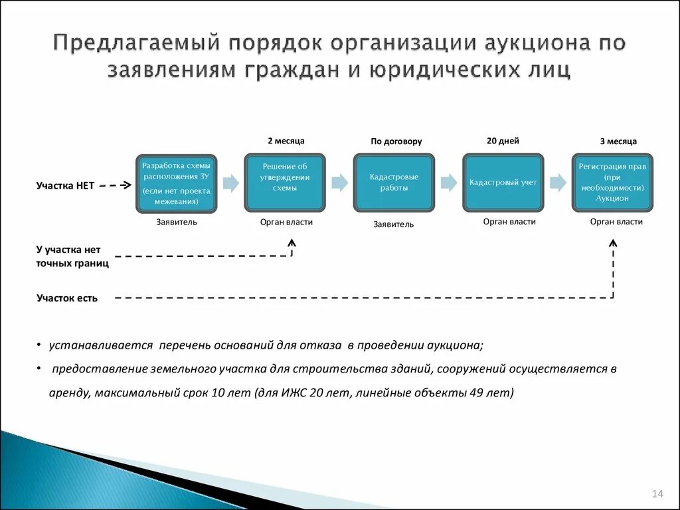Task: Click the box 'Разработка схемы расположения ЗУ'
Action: (x=176, y=183)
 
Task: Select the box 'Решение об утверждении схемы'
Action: (x=285, y=183)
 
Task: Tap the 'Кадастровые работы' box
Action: (x=394, y=183)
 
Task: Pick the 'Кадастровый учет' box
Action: (x=503, y=183)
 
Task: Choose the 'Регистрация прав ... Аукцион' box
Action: (x=612, y=183)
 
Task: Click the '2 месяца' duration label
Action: (x=286, y=141)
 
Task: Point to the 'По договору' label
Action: (x=396, y=141)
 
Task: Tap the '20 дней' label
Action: (x=503, y=141)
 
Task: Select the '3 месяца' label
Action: (x=618, y=141)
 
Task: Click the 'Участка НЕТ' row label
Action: (x=65, y=186)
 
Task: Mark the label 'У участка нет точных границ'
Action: (x=72, y=256)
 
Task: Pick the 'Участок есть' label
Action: (x=67, y=298)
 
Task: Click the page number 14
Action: (x=657, y=493)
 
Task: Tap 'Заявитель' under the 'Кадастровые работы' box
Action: (x=393, y=224)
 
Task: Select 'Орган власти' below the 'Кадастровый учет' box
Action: (x=509, y=222)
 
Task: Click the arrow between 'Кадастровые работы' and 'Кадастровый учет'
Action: (x=448, y=183)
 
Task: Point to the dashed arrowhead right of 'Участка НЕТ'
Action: (x=126, y=186)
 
